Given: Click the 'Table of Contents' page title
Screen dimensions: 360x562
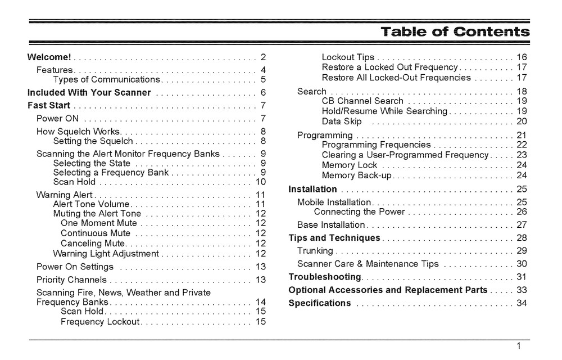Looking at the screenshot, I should [455, 32].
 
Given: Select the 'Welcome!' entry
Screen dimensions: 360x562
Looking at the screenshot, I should [49, 57].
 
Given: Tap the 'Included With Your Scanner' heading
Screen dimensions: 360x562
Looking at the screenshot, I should [89, 92].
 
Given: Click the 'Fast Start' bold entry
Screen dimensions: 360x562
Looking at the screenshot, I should [49, 105].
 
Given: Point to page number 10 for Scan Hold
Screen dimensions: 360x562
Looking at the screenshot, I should [260, 182].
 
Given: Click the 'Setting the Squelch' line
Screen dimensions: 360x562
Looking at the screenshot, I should [93, 141].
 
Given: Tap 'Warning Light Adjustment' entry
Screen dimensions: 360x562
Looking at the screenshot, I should [106, 253].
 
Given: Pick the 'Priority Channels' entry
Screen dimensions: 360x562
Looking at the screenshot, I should [71, 280].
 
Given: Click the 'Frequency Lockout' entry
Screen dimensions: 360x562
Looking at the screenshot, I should [101, 322].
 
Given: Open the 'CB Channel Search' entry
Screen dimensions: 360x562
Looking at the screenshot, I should [362, 101].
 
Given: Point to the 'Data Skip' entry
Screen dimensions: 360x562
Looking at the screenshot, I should [342, 121].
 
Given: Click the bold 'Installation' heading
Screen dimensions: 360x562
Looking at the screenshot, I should [312, 189].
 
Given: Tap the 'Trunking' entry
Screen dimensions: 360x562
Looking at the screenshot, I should [315, 250].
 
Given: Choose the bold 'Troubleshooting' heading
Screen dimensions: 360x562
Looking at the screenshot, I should [324, 277].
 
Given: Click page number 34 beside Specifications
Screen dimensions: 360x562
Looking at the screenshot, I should [522, 303].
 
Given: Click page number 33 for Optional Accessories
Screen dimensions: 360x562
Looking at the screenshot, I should [522, 290].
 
